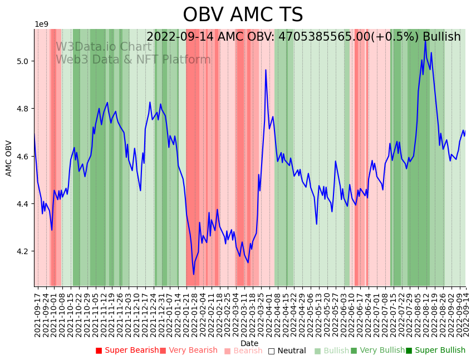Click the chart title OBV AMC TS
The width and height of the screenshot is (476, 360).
coord(243,15)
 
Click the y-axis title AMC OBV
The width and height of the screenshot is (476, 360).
coord(9,158)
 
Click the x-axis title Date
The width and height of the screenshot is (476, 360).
coord(249,343)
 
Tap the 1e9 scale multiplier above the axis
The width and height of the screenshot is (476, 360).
coord(42,24)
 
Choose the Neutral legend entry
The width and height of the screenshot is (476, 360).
coord(287,351)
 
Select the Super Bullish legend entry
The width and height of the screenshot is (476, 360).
coord(435,351)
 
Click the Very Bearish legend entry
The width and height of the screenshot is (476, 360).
coord(189,351)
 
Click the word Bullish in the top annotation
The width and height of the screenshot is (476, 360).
coord(441,37)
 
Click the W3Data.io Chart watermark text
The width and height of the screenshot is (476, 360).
coord(104,47)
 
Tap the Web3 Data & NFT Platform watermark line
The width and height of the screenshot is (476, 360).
coord(133,60)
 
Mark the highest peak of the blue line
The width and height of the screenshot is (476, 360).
coord(425,40)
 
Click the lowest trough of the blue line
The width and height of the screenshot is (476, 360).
coord(194,274)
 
